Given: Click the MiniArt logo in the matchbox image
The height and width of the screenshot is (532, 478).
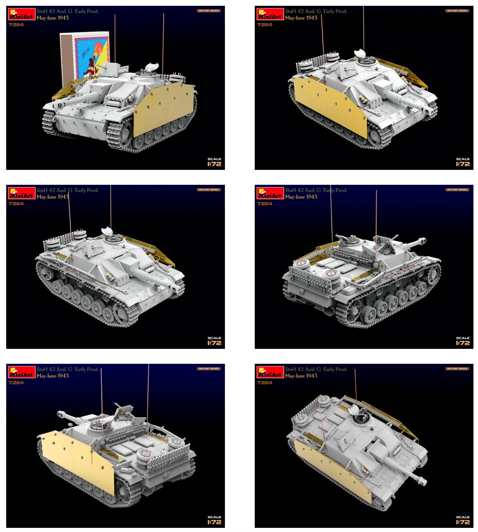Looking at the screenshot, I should pyautogui.click(x=22, y=15).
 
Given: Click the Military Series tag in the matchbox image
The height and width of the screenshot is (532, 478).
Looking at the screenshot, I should pyautogui.click(x=208, y=11).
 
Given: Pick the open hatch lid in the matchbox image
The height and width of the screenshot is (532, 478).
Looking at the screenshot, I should pyautogui.click(x=152, y=66).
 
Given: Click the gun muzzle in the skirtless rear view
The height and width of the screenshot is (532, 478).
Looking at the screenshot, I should pyautogui.click(x=422, y=240).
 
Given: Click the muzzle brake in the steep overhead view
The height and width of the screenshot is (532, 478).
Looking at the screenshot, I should pyautogui.click(x=421, y=481).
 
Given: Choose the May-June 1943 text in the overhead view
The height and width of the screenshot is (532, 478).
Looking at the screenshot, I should pyautogui.click(x=301, y=376).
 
